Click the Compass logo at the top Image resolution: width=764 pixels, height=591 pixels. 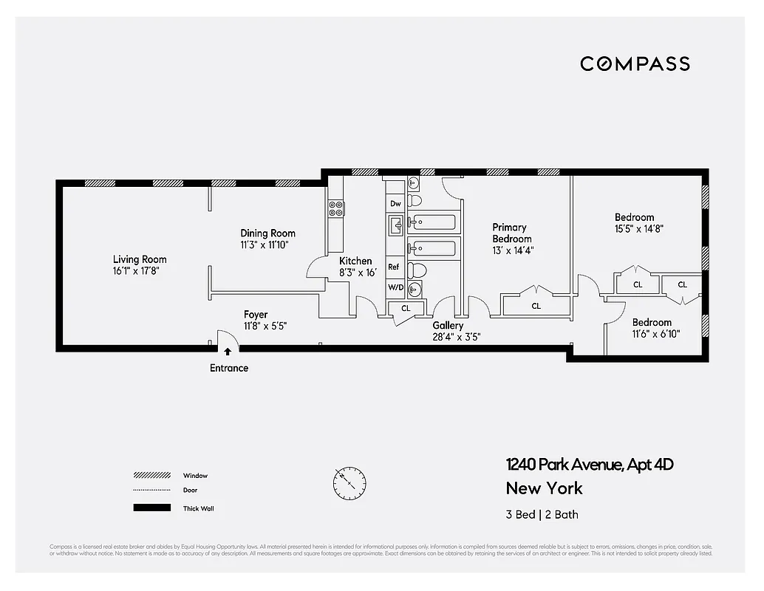click(635, 64)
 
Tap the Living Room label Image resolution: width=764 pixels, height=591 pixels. click(139, 259)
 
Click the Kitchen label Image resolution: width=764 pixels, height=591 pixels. click(355, 261)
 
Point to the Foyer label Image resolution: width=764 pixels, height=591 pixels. click(256, 315)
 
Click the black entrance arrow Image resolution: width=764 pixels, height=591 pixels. click(228, 352)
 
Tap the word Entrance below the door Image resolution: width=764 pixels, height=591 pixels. click(229, 368)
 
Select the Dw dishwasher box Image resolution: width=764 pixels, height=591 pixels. click(395, 203)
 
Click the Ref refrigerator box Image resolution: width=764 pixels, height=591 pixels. click(394, 267)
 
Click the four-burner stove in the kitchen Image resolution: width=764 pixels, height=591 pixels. click(335, 208)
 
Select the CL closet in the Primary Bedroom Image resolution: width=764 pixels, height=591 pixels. click(536, 305)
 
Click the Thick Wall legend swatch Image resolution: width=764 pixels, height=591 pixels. click(151, 508)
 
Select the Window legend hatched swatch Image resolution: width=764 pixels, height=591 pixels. click(151, 476)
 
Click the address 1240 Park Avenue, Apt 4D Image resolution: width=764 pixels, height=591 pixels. click(590, 465)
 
